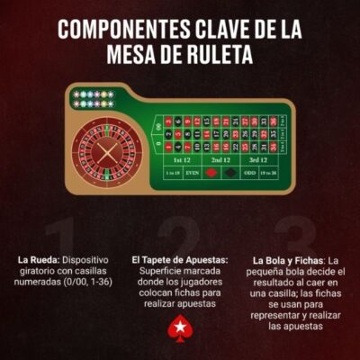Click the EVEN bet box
(193, 172)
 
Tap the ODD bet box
(250, 172)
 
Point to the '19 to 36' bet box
(269, 172)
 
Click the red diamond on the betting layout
(211, 172)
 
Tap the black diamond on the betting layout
(230, 172)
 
